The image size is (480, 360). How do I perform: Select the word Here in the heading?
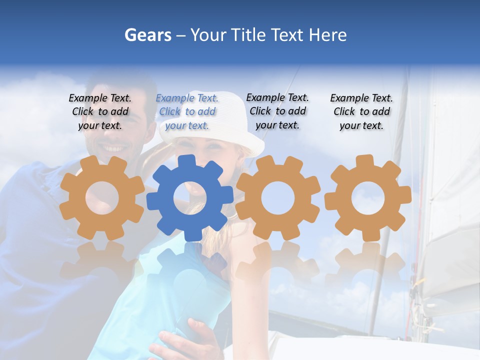point(327,35)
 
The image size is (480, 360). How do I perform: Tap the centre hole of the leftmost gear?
point(102,198)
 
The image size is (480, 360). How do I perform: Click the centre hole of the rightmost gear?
point(368,198)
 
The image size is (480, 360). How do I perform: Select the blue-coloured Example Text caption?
point(187,111)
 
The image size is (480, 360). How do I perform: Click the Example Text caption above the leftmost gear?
point(100,111)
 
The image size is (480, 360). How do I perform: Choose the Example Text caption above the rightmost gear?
point(361,111)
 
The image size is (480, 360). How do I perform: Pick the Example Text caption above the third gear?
point(277,111)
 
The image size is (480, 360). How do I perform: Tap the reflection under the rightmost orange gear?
point(368,265)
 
